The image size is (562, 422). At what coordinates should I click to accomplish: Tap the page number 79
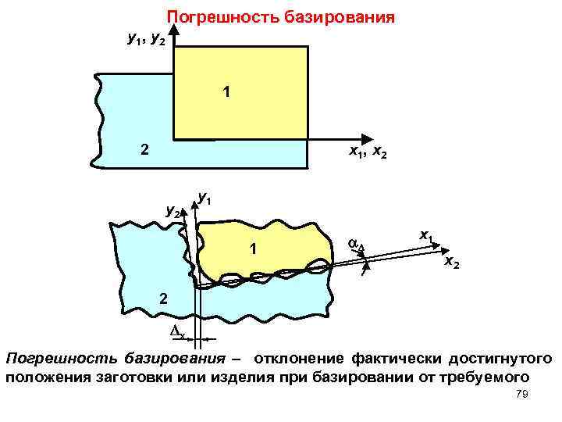click(522, 396)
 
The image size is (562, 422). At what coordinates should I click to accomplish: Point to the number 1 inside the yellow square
click(226, 93)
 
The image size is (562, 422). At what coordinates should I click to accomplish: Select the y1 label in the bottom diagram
click(205, 198)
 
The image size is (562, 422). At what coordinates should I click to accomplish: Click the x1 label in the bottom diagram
click(427, 234)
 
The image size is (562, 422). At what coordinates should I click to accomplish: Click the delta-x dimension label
click(177, 334)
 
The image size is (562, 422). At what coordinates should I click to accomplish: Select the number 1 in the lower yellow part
click(253, 249)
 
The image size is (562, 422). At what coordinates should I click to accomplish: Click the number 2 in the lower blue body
click(162, 298)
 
